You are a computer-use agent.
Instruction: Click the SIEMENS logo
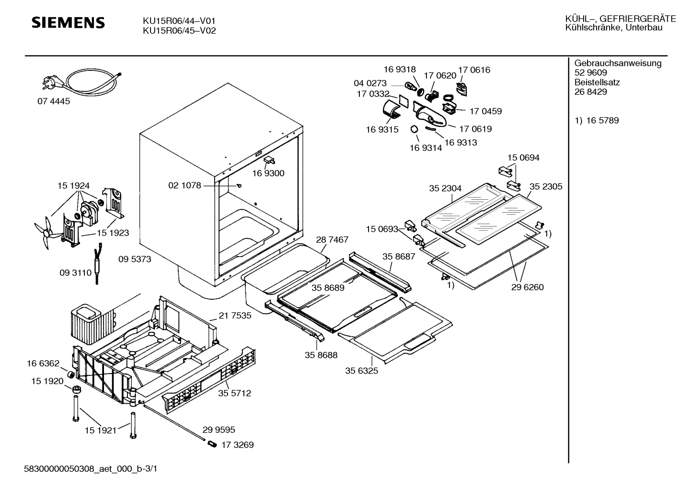click(68, 23)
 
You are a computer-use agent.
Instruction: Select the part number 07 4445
click(54, 101)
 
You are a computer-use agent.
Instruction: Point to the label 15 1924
click(73, 186)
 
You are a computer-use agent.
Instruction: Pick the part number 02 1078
click(184, 185)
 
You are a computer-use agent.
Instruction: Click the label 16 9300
click(268, 173)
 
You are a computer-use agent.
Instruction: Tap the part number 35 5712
click(234, 393)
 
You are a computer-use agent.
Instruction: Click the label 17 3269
click(238, 445)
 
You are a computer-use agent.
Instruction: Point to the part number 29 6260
click(528, 287)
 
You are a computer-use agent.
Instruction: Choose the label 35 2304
click(445, 188)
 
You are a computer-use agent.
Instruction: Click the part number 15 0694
click(523, 158)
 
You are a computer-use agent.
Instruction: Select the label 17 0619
click(475, 129)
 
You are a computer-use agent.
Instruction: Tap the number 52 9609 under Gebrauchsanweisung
click(590, 72)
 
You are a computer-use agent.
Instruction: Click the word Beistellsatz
click(597, 82)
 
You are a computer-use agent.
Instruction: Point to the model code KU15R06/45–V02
click(179, 31)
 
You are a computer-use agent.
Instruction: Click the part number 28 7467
click(332, 239)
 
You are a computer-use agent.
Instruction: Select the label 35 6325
click(361, 371)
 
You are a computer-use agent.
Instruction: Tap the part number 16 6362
click(43, 363)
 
